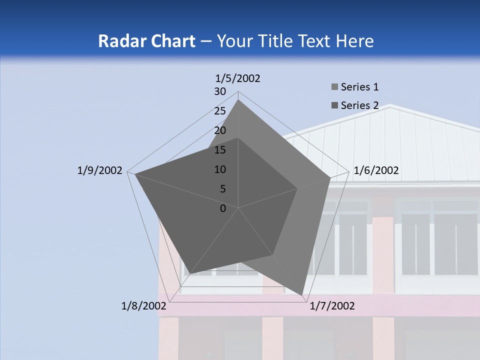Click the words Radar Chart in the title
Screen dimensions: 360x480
click(x=146, y=41)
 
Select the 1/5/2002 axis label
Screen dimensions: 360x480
click(x=238, y=78)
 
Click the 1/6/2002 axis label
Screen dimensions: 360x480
click(x=376, y=170)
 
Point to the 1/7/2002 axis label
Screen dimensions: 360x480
click(x=332, y=306)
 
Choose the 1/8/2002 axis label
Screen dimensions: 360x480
click(x=144, y=306)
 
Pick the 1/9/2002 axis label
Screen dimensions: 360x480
click(x=99, y=170)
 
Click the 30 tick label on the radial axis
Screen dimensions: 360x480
click(x=220, y=91)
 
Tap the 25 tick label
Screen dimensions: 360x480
click(x=220, y=111)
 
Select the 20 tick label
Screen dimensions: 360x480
click(x=220, y=130)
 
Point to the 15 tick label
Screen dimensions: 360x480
click(x=220, y=150)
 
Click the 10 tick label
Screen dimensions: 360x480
click(x=220, y=169)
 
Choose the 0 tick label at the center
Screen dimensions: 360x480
click(x=223, y=208)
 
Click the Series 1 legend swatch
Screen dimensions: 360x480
click(x=334, y=87)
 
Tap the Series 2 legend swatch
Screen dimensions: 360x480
click(x=334, y=105)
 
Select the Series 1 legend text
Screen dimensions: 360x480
click(x=359, y=87)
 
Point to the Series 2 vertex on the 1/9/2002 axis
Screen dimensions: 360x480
click(x=135, y=174)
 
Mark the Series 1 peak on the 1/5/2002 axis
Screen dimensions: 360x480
click(x=238, y=100)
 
